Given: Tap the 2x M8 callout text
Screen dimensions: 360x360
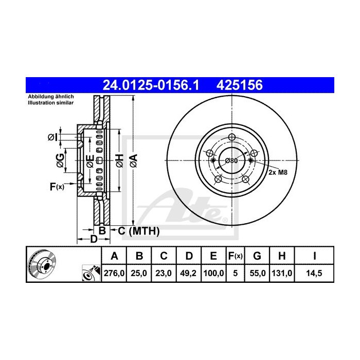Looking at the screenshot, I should point(277,173).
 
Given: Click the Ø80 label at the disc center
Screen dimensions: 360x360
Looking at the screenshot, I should point(231,160).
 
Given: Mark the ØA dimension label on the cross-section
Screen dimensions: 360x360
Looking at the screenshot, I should point(133,160).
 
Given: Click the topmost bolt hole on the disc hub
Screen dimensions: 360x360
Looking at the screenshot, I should point(231,137).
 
